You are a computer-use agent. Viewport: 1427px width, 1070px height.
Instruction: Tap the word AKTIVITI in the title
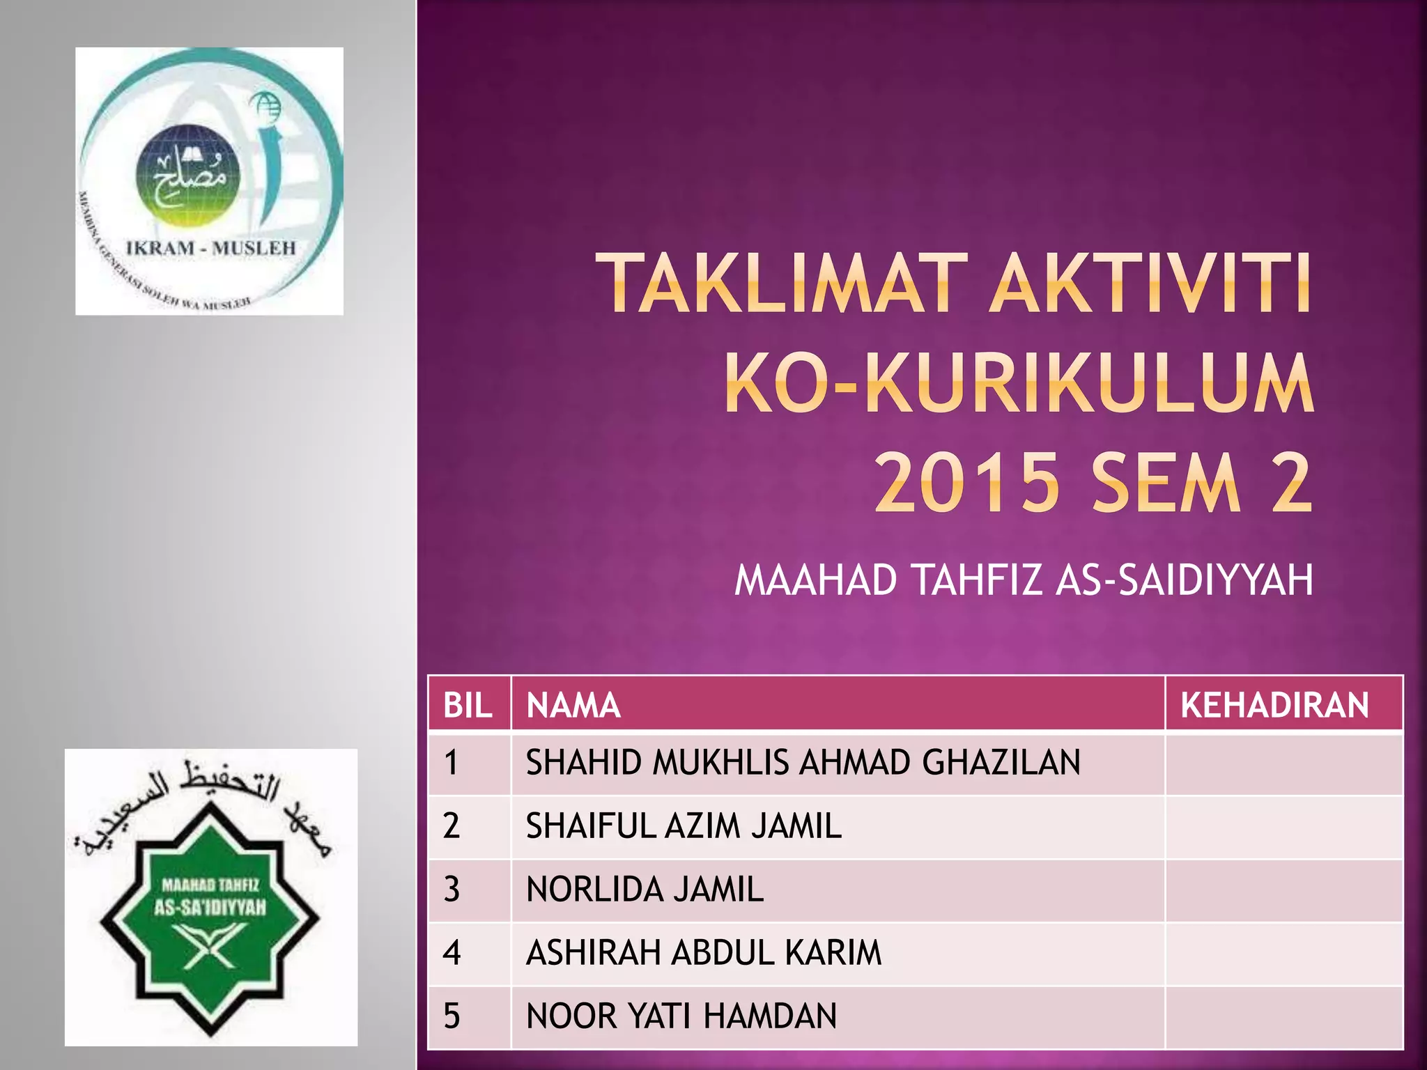pos(1150,284)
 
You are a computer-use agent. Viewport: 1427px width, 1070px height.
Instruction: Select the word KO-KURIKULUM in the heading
pos(1019,384)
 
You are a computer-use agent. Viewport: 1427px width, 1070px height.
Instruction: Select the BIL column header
pos(468,705)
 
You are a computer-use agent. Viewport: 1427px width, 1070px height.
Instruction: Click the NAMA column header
pos(573,705)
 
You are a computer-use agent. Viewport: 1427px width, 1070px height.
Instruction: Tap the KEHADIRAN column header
pos(1274,705)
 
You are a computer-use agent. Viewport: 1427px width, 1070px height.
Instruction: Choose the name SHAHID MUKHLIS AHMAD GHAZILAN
pos(803,763)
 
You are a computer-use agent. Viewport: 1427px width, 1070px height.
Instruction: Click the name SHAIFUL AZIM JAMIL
pos(684,826)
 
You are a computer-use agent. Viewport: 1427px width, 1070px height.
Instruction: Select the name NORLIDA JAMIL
pos(645,890)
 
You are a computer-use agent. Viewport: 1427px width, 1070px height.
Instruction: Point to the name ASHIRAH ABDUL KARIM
pos(704,953)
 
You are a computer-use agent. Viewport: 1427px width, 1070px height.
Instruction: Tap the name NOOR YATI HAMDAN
pos(681,1016)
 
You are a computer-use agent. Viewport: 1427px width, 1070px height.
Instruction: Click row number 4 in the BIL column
pos(452,953)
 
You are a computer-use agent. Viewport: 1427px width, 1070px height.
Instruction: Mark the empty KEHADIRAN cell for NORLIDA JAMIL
pos(1283,890)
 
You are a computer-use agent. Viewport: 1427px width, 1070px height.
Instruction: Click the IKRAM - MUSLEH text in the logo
pos(211,248)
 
